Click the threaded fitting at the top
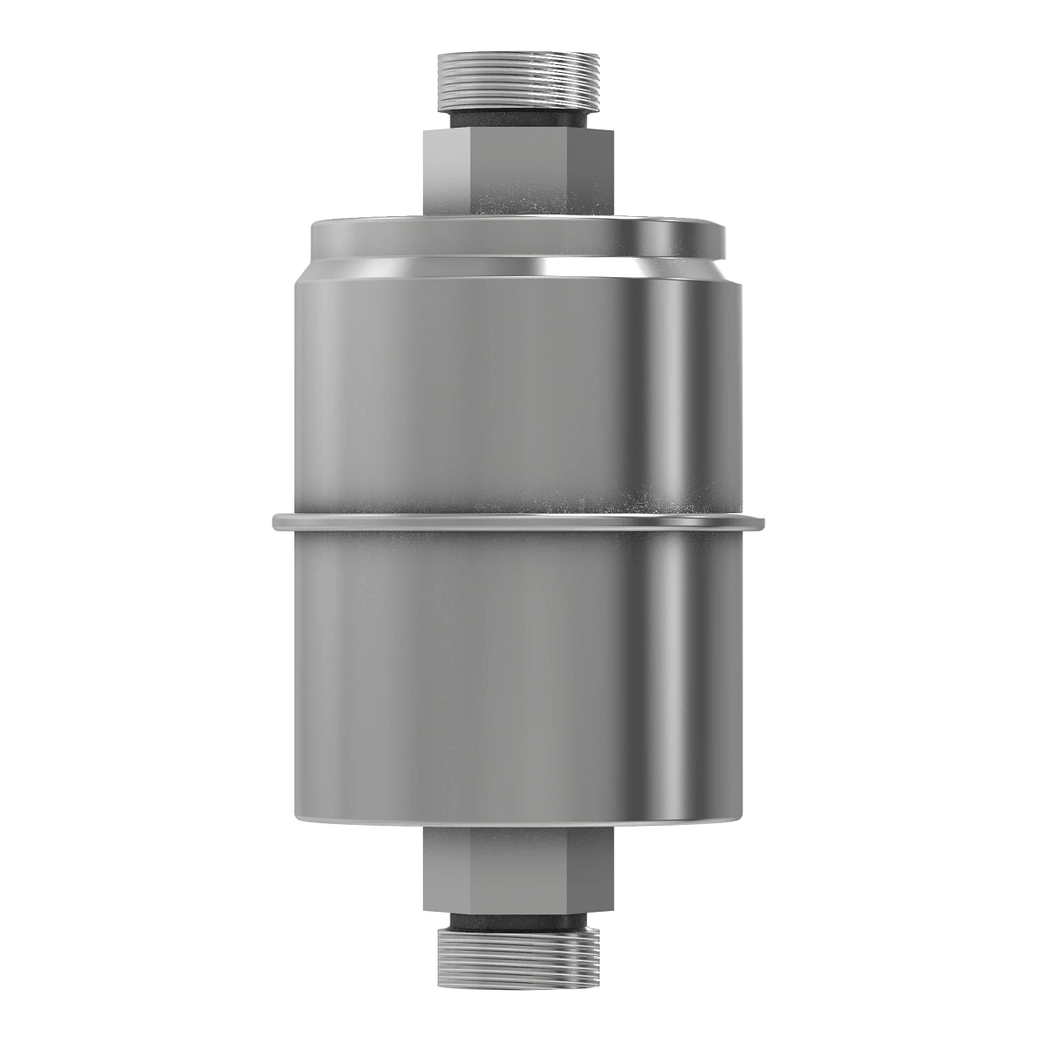[x=519, y=77]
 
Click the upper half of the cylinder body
[x=486, y=391]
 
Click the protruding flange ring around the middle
[x=519, y=523]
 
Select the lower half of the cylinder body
[x=486, y=677]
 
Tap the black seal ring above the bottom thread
[x=519, y=921]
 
